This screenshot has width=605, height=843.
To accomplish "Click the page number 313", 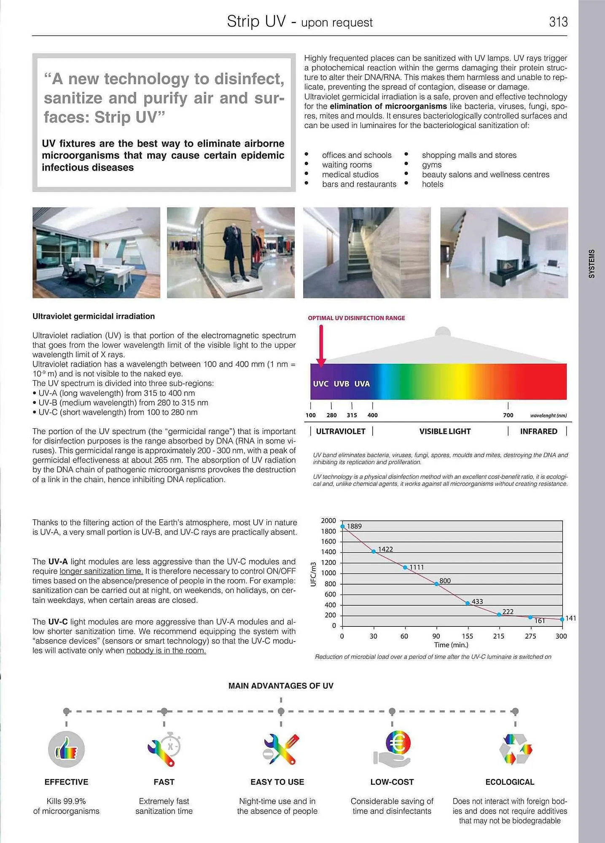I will [558, 22].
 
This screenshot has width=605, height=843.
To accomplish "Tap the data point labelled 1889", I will [343, 526].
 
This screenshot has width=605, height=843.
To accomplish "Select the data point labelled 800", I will [436, 584].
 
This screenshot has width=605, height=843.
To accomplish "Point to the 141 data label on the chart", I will [570, 618].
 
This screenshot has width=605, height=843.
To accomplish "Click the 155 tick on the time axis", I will [467, 636].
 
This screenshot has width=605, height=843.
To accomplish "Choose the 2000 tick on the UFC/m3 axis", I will [328, 521].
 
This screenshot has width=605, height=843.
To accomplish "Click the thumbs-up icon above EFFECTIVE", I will [66, 749].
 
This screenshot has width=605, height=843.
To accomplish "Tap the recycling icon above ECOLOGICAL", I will [515, 749].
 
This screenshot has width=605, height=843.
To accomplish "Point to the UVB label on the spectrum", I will [341, 384].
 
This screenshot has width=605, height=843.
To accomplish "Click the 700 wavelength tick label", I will [508, 415].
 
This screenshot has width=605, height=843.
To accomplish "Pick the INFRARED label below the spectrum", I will [538, 431].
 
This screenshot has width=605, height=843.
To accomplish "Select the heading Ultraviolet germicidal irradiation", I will [94, 316].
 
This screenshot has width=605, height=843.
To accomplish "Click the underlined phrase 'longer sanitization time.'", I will [101, 571].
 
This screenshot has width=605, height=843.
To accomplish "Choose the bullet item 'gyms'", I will [432, 165].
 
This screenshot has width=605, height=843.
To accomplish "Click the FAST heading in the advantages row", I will [164, 782].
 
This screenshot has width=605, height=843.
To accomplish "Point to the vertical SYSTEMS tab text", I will [592, 263].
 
